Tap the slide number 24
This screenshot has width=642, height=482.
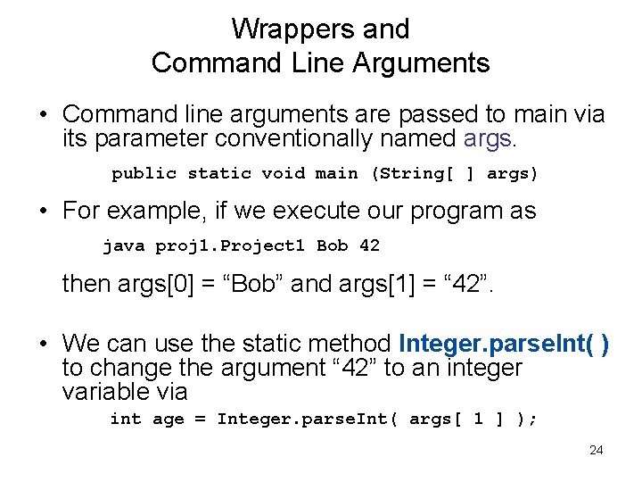(x=597, y=450)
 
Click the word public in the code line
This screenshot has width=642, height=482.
(x=144, y=173)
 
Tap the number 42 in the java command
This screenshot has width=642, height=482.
(x=369, y=245)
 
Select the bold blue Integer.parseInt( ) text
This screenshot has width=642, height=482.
(x=505, y=344)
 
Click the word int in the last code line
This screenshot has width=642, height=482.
(x=125, y=419)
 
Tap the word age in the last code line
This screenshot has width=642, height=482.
(x=169, y=419)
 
